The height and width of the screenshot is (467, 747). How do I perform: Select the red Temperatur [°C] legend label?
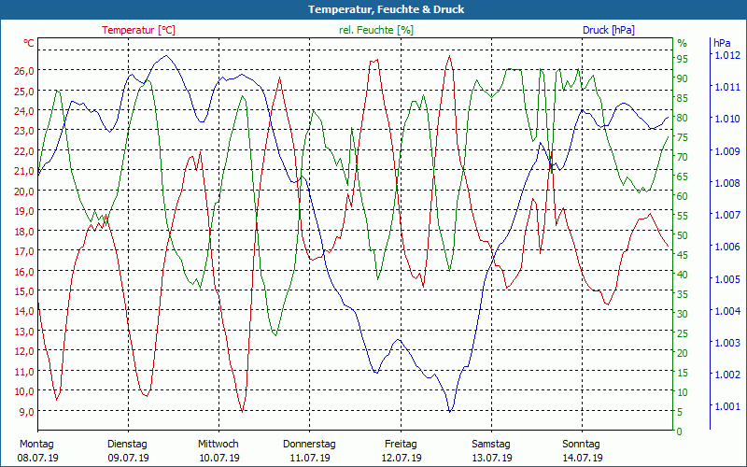tap(138, 30)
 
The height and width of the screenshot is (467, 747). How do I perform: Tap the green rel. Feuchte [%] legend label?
tap(375, 30)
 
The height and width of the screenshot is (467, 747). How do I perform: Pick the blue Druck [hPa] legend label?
tap(608, 30)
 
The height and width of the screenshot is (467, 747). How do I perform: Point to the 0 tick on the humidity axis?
tap(680, 432)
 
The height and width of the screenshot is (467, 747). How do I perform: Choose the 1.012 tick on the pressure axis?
tap(726, 55)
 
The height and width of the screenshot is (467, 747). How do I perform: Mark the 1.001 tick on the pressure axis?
tap(726, 406)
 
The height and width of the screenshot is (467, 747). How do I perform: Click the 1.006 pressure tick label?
tap(726, 247)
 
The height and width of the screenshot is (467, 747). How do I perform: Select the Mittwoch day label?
tap(218, 444)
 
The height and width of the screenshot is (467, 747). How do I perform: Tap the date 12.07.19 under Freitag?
tap(401, 459)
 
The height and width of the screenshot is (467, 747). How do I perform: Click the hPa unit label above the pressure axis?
tap(722, 43)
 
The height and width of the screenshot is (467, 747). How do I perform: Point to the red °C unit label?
tap(29, 43)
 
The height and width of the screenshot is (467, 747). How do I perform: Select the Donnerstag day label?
tap(309, 444)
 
